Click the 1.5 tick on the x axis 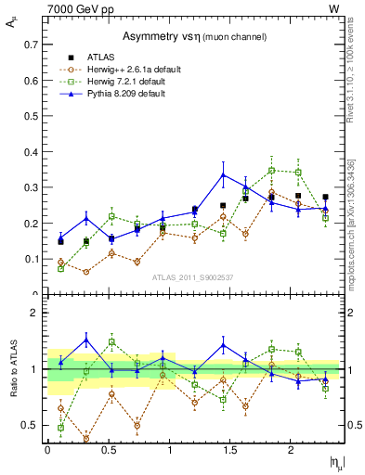230,450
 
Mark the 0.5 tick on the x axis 109,450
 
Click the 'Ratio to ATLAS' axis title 13,369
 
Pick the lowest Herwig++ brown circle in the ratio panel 86,439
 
